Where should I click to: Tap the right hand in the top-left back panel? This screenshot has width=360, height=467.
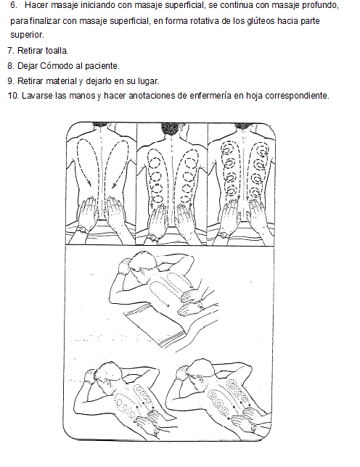[115, 213]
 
